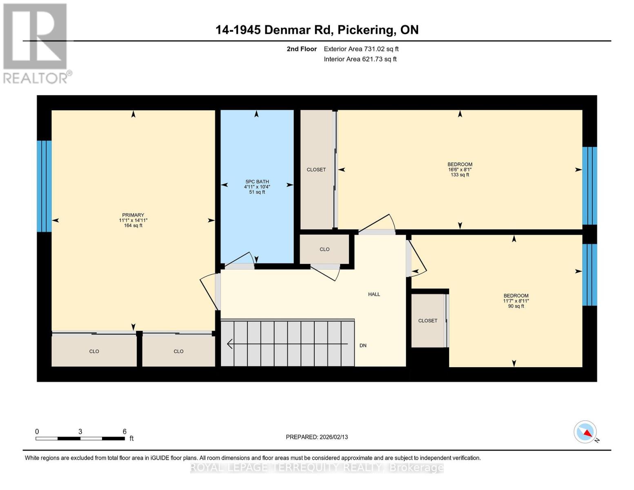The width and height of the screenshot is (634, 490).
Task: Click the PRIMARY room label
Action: click(133, 215)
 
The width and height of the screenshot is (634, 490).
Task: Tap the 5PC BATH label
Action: click(257, 182)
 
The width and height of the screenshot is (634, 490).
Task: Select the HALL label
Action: click(374, 294)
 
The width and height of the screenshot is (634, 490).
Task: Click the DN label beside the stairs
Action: click(363, 345)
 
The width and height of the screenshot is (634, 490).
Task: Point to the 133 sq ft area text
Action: click(460, 175)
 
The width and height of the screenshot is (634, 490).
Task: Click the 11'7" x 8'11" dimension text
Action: click(516, 301)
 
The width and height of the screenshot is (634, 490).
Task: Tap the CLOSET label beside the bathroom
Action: click(316, 169)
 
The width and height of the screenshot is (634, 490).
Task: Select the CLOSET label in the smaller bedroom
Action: click(427, 321)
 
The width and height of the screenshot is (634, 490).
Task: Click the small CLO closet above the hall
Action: click(325, 249)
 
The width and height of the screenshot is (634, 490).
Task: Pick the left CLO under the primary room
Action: click(94, 351)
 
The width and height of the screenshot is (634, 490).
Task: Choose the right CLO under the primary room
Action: click(178, 351)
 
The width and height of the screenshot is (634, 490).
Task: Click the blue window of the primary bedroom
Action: click(44, 186)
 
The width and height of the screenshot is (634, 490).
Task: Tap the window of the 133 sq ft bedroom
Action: click(589, 186)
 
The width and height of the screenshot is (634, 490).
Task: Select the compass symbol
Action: click(585, 432)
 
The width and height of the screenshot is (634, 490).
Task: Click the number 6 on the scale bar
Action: click(125, 432)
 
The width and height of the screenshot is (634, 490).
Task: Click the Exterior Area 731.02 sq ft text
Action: click(361, 49)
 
